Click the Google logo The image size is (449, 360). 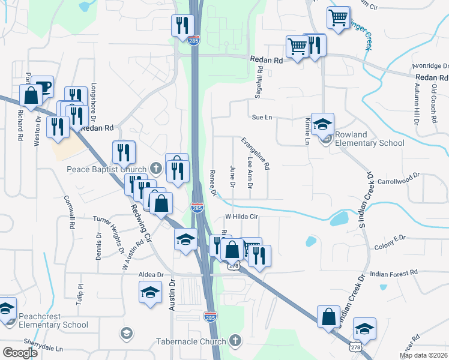(20, 353)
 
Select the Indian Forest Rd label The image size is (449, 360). (394, 274)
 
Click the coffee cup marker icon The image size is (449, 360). (42, 86)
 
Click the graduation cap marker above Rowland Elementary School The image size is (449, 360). (323, 125)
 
